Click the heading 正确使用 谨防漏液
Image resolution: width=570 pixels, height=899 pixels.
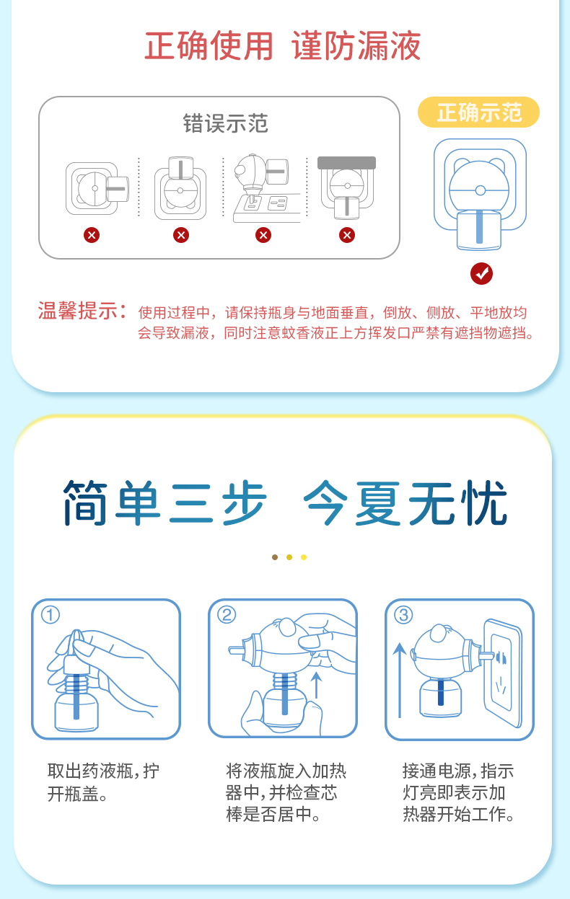coord(283,47)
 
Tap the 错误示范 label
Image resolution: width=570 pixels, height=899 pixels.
coord(225,123)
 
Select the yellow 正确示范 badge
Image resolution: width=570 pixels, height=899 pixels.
coord(478,112)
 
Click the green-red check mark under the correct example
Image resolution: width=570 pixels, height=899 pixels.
coord(481,273)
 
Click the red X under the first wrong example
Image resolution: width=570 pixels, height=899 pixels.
coord(92,235)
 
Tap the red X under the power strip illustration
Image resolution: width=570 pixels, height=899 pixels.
coord(263,235)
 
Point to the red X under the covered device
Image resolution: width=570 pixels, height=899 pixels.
coord(347,235)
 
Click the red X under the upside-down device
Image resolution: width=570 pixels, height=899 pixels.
coord(180,235)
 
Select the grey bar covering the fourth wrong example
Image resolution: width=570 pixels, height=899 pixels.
coord(346,163)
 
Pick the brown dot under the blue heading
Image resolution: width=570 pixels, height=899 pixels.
coord(275,557)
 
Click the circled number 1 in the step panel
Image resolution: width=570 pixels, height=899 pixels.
coord(51,615)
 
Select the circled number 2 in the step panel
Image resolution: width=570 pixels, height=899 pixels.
coord(227,615)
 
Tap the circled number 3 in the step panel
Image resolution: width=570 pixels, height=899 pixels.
coord(403,615)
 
